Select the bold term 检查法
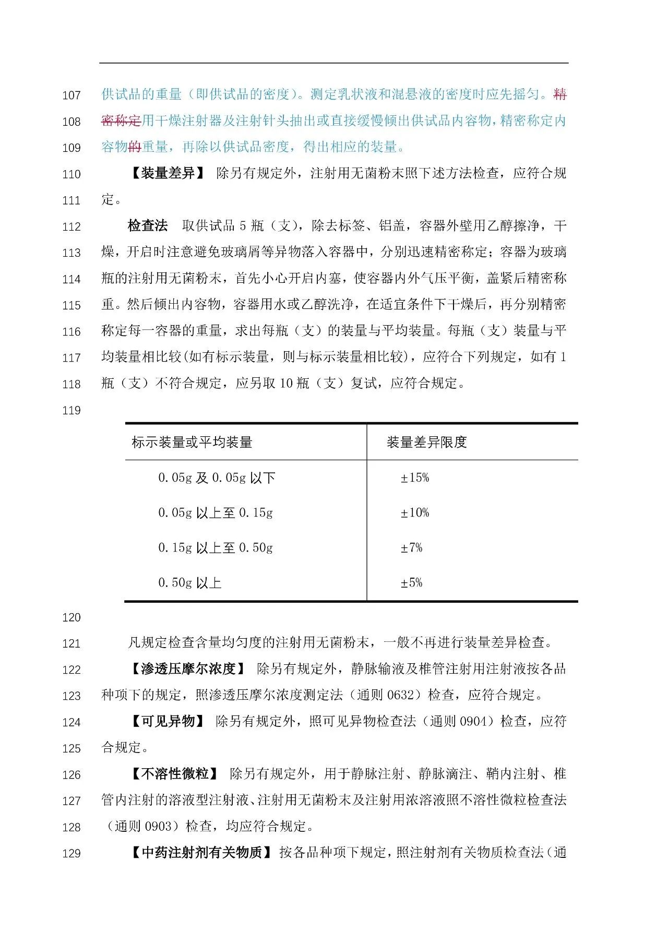(x=148, y=226)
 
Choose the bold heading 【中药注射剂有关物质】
(x=201, y=853)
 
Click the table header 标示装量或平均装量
(x=192, y=443)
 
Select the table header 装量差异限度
(x=426, y=443)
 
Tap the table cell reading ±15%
(x=414, y=478)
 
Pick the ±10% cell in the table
(x=414, y=513)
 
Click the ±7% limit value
(x=411, y=548)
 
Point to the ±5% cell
(x=411, y=583)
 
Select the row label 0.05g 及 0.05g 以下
(x=217, y=478)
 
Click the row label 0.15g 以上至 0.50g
(x=216, y=548)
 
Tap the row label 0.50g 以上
(x=190, y=583)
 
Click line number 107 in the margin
(x=71, y=95)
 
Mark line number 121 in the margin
(x=71, y=644)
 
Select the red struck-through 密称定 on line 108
(x=121, y=121)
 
